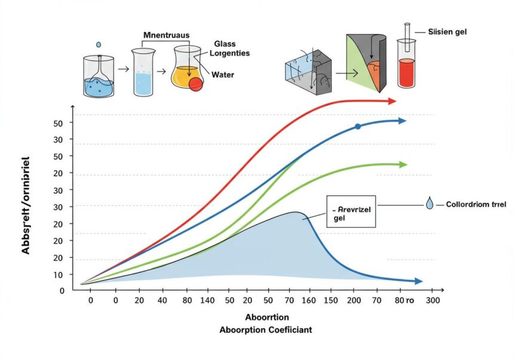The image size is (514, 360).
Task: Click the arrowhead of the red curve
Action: pyautogui.click(x=392, y=101)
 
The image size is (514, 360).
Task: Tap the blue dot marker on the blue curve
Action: pyautogui.click(x=357, y=127)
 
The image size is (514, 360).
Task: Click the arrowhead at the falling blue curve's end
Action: pyautogui.click(x=418, y=281)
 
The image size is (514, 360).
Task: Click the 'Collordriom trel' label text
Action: pyautogui.click(x=476, y=205)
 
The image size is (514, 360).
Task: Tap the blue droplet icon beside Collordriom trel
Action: pyautogui.click(x=430, y=205)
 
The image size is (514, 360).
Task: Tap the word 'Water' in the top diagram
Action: pyautogui.click(x=222, y=75)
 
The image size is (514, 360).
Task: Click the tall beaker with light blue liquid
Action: pyautogui.click(x=143, y=73)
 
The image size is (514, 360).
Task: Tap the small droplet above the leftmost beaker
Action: pyautogui.click(x=99, y=45)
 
